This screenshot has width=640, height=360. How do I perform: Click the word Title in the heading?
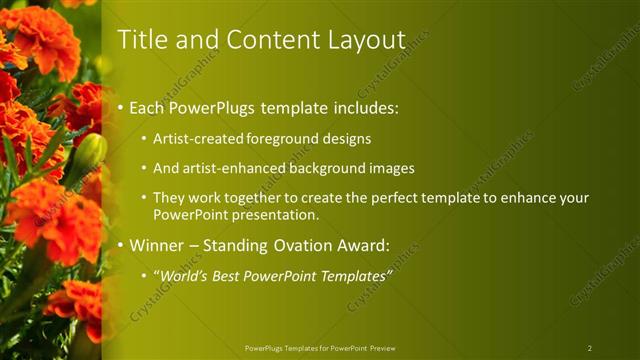(x=141, y=40)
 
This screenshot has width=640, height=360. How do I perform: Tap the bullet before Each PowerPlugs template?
(x=121, y=106)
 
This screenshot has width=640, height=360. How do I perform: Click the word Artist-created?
(x=191, y=138)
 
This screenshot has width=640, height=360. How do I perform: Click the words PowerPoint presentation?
(x=234, y=215)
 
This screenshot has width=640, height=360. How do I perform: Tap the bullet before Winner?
(x=121, y=245)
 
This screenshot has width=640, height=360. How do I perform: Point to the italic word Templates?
(x=351, y=276)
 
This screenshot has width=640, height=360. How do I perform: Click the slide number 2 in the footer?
(x=589, y=348)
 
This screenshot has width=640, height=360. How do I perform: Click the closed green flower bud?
(x=89, y=153)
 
